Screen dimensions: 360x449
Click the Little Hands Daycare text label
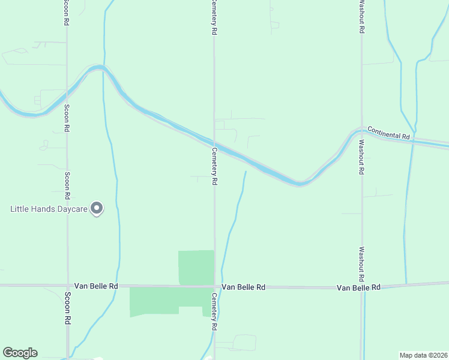[49, 209]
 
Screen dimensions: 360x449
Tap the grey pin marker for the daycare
[97, 208]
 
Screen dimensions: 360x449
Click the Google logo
[20, 353]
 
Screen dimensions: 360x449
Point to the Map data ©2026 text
[423, 355]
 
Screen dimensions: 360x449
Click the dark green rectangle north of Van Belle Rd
[196, 267]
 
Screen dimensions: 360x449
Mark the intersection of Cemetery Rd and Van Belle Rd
[214, 286]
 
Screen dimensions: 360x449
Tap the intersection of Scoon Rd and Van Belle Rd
[67, 286]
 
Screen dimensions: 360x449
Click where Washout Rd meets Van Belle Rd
[362, 286]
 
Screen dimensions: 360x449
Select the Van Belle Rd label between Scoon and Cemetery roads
[96, 286]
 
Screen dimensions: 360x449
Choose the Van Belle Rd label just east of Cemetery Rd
[243, 287]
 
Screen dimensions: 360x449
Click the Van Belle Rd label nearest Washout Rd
[358, 288]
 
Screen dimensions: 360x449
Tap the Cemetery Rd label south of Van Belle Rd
[214, 312]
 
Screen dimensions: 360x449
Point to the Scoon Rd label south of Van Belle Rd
[68, 307]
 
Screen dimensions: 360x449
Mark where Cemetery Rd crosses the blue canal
[214, 146]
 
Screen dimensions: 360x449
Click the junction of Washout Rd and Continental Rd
[361, 130]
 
